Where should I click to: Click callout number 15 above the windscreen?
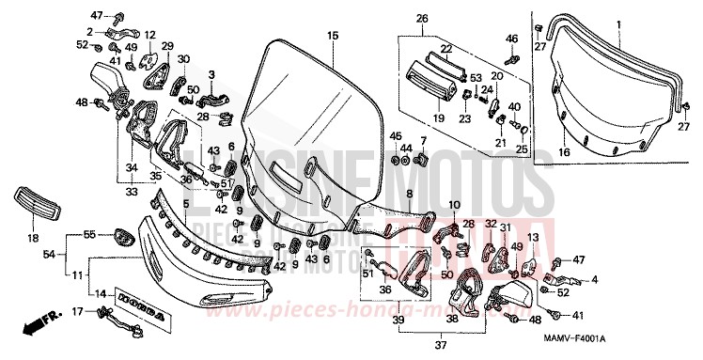coord(331,35)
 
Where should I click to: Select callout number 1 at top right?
coord(618,22)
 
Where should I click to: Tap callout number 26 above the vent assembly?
coord(422,18)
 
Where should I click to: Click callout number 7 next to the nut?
coord(423,141)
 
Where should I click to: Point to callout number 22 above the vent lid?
coord(445,49)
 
